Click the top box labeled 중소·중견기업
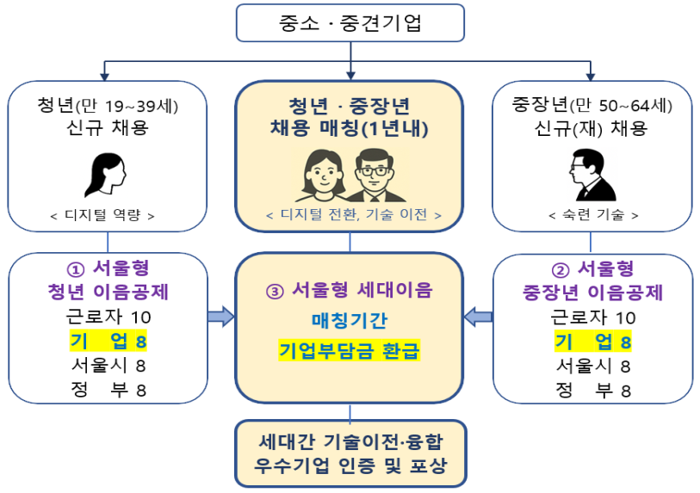pos(350,22)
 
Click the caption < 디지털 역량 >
pos(108,215)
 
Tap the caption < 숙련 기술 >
pos(593,215)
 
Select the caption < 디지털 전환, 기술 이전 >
pos(350,215)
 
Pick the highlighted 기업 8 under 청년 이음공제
pos(108,342)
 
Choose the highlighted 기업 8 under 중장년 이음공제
pos(593,342)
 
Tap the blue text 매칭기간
pos(350,321)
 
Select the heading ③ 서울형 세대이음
pos(350,290)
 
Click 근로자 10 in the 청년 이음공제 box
pos(108,317)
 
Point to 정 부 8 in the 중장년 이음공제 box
pos(593,390)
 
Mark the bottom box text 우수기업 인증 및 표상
pos(350,469)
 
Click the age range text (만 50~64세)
pos(626,107)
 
